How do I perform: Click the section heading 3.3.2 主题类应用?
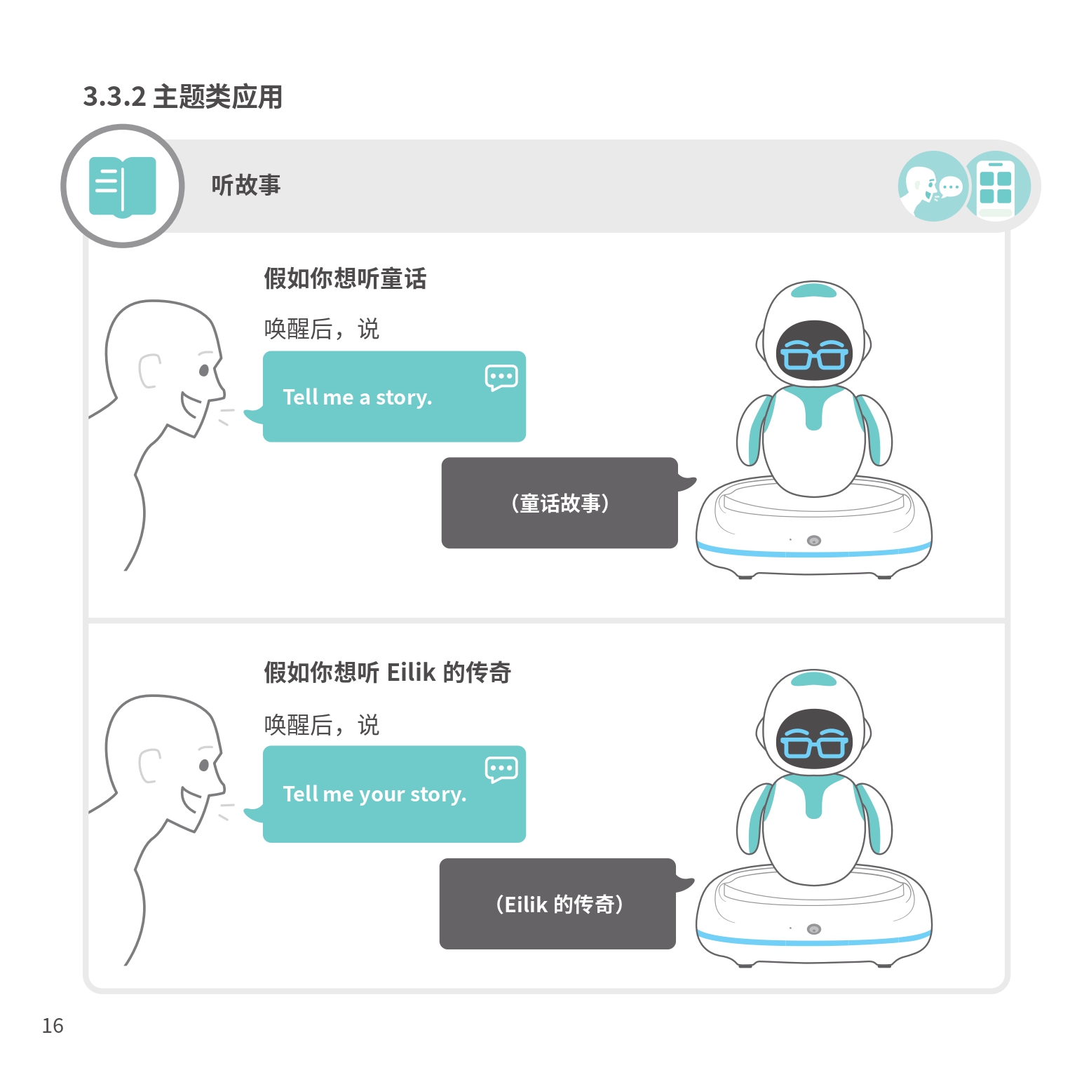[x=183, y=97]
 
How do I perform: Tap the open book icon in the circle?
[x=123, y=187]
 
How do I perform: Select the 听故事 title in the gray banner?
[x=246, y=185]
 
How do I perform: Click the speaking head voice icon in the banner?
[x=933, y=187]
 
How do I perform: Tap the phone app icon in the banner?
[x=996, y=187]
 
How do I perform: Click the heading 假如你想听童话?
[x=345, y=278]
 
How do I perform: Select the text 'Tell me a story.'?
[x=358, y=398]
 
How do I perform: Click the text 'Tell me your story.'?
[x=374, y=794]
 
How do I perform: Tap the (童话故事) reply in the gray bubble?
[x=560, y=503]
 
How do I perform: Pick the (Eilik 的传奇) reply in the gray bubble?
[x=559, y=905]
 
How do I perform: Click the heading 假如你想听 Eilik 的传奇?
[x=387, y=672]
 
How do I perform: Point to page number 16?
[x=53, y=1026]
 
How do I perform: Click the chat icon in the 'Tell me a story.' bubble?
[x=501, y=377]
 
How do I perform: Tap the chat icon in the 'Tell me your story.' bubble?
[x=501, y=769]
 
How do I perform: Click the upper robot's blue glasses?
[x=814, y=355]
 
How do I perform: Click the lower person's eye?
[x=204, y=764]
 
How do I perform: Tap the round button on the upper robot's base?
[x=814, y=541]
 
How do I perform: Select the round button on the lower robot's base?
[x=814, y=929]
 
